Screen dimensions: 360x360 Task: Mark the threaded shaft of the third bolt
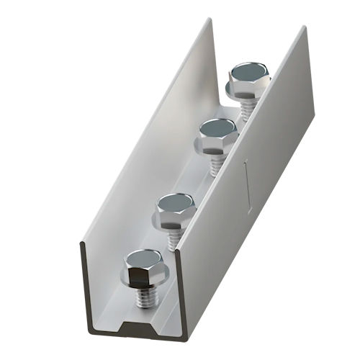pos(215,164)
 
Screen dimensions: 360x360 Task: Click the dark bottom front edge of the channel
pos(144,333)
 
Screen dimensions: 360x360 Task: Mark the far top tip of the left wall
pos(212,19)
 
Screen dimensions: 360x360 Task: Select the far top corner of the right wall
pos(310,27)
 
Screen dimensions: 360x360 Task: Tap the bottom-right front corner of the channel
pos(199,332)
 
